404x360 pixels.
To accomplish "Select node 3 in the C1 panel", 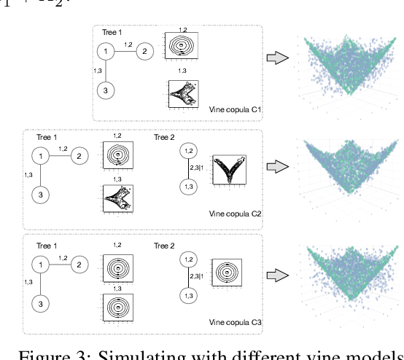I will coord(106,90).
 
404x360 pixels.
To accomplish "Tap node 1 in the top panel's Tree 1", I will coord(106,51).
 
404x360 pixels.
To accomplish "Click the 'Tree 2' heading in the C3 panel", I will coord(164,246).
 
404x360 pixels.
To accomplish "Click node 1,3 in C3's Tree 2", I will coord(188,294).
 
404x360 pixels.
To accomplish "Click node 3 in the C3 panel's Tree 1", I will coord(42,302).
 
